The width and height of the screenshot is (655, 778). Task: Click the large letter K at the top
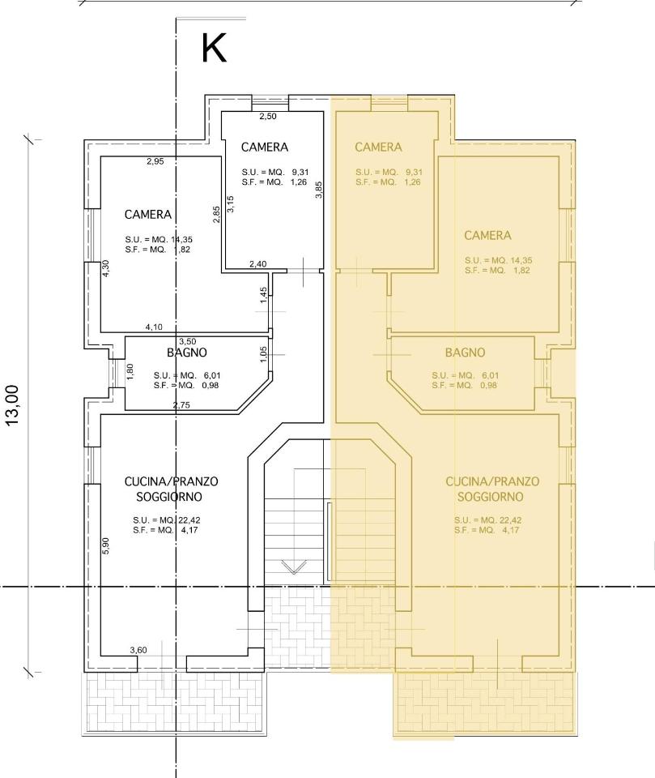pyautogui.click(x=214, y=48)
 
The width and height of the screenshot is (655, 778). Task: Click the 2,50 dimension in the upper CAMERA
pyautogui.click(x=268, y=117)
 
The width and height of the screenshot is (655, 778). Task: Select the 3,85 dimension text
pyautogui.click(x=319, y=190)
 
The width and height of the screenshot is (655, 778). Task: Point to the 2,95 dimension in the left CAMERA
pyautogui.click(x=155, y=161)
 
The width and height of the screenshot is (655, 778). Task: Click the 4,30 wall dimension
pyautogui.click(x=105, y=268)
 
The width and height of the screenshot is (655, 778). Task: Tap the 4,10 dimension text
pyautogui.click(x=154, y=327)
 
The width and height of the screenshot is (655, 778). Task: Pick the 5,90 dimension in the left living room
pyautogui.click(x=105, y=546)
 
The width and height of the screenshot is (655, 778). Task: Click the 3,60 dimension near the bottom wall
pyautogui.click(x=138, y=650)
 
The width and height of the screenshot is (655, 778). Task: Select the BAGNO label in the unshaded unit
pyautogui.click(x=186, y=353)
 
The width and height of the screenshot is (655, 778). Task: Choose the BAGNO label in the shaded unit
pyautogui.click(x=465, y=353)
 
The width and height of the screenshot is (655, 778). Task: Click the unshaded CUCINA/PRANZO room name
pyautogui.click(x=171, y=481)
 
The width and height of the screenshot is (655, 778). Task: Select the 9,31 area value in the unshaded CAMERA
pyautogui.click(x=300, y=172)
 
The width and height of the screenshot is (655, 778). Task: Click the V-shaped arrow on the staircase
pyautogui.click(x=294, y=566)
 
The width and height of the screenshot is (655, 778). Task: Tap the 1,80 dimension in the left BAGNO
pyautogui.click(x=130, y=372)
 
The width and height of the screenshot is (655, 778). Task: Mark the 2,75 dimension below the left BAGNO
pyautogui.click(x=181, y=405)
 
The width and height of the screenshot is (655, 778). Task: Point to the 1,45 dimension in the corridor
pyautogui.click(x=264, y=295)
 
